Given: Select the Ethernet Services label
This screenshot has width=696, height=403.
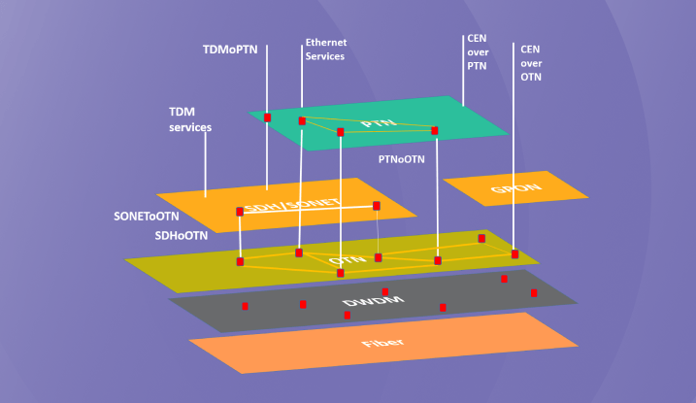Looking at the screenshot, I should click(x=325, y=50).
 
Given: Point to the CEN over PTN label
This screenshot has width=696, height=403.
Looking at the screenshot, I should click(x=477, y=52).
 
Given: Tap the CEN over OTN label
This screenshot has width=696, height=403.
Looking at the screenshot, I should click(x=531, y=63).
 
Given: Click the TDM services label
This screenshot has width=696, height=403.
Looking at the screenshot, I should click(x=190, y=119).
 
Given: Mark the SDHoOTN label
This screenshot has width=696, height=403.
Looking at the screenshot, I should click(x=182, y=236).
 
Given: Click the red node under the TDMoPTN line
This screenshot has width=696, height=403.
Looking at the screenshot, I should click(x=267, y=118).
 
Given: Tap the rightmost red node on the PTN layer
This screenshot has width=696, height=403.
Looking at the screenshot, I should click(x=435, y=130).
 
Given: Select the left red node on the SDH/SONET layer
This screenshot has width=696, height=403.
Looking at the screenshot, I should click(x=240, y=212).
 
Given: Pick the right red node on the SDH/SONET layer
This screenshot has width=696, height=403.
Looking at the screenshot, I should click(x=377, y=206).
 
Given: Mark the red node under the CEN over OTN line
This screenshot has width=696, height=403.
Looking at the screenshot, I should click(x=514, y=254).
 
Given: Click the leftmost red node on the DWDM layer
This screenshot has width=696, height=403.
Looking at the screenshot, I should click(x=245, y=306).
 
